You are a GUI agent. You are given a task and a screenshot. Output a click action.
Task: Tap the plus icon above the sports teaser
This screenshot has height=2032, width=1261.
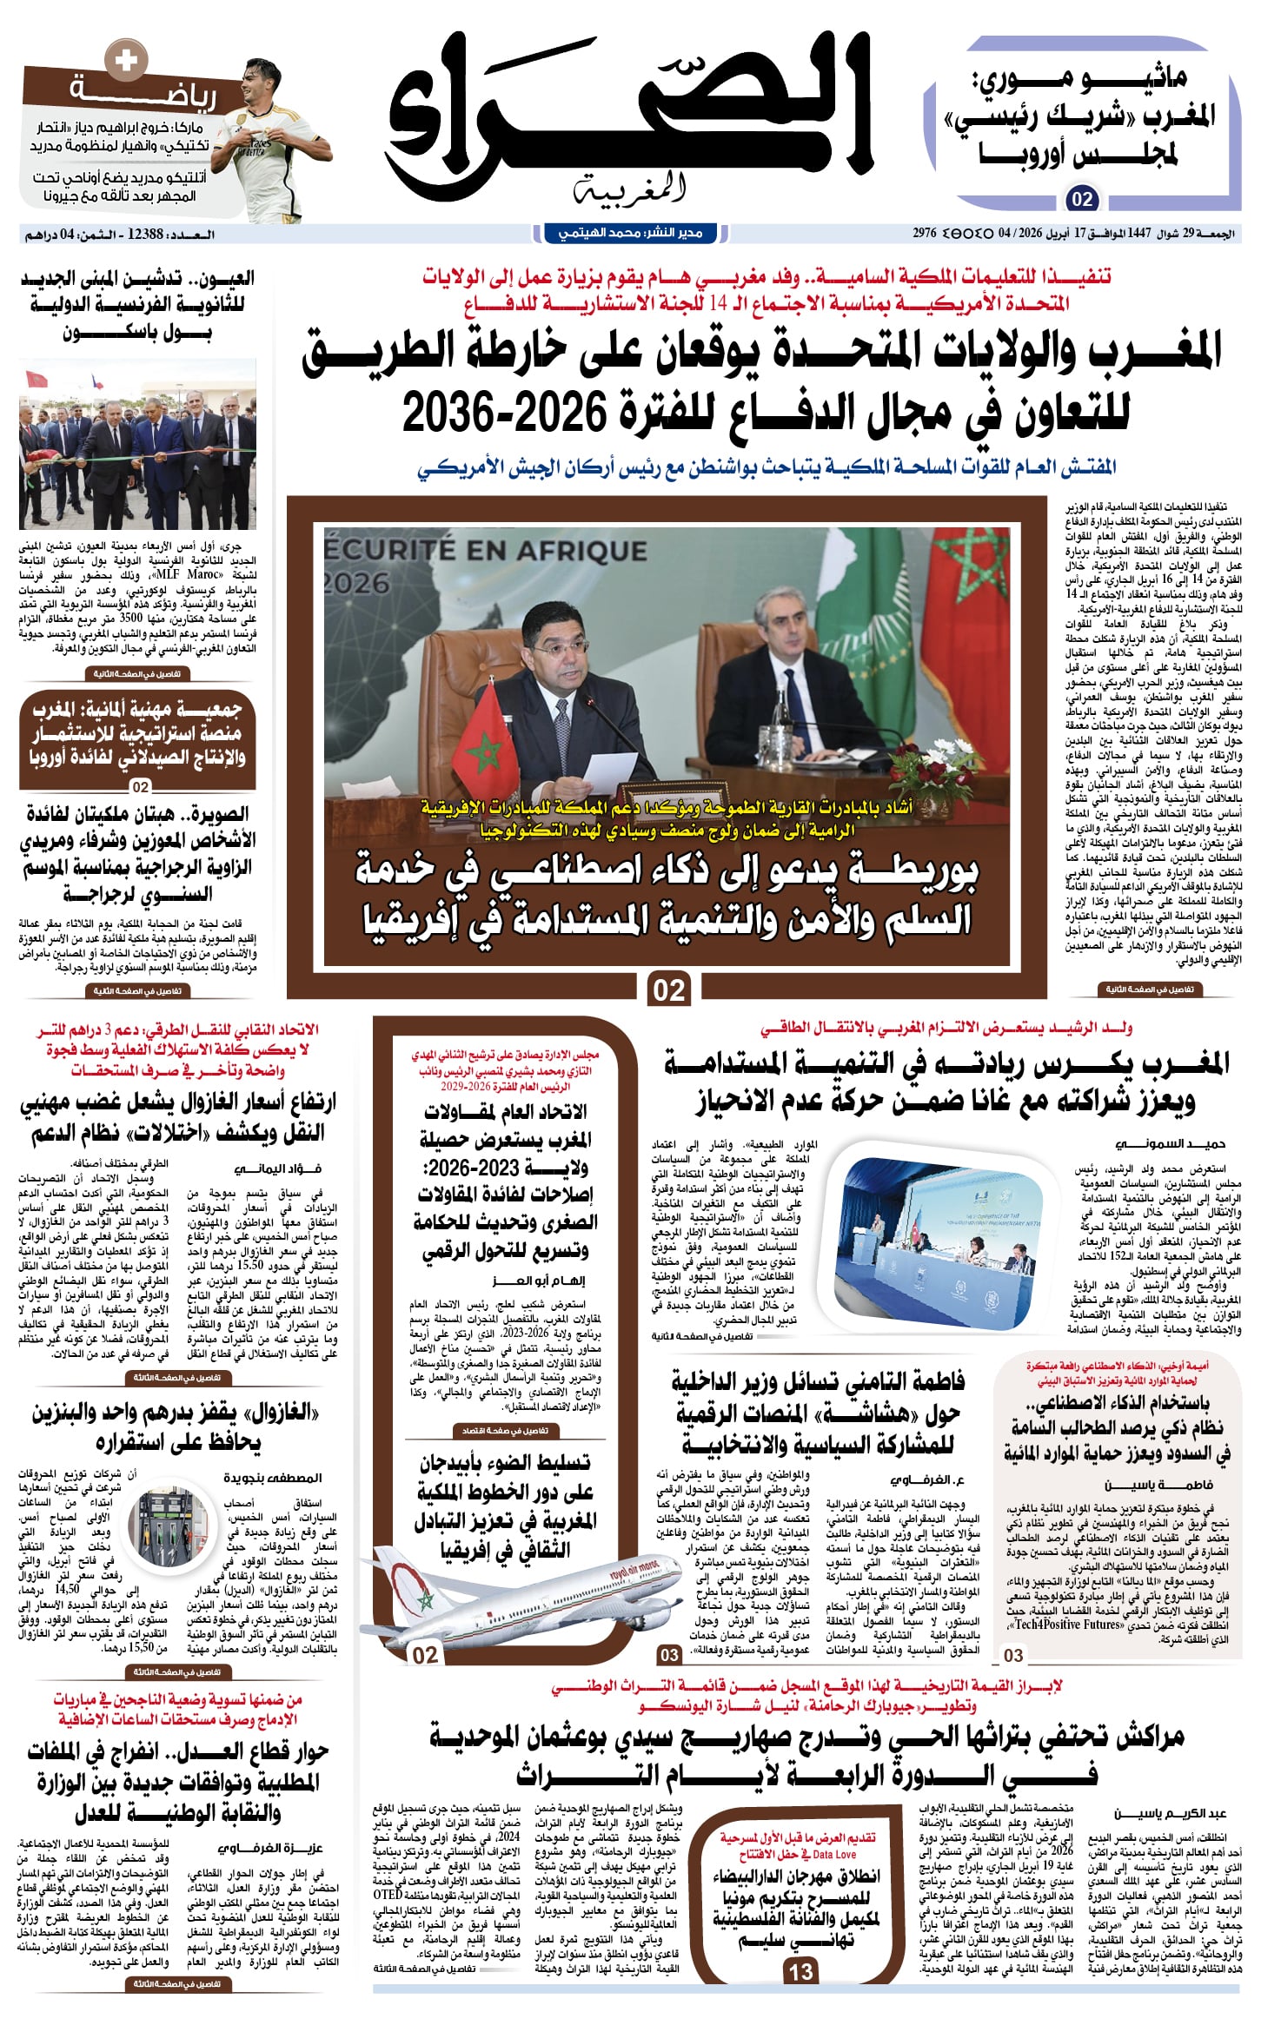[x=125, y=60]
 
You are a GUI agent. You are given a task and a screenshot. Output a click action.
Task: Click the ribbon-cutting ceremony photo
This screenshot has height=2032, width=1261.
[x=137, y=444]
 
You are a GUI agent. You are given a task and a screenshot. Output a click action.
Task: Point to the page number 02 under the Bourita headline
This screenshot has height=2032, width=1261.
[x=668, y=990]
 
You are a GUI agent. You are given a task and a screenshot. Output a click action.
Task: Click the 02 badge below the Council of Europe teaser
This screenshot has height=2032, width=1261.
[x=1082, y=199]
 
